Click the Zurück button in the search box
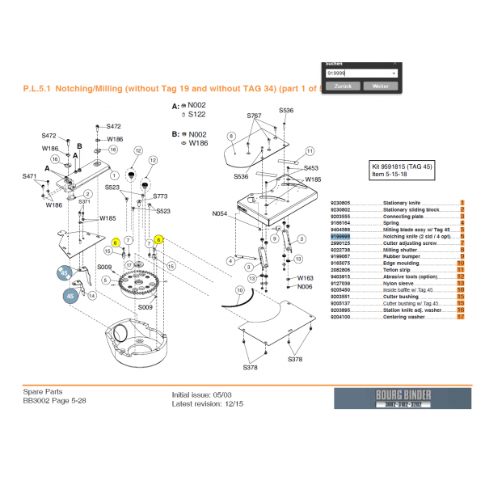pyautogui.click(x=342, y=86)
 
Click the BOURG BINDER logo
pyautogui.click(x=401, y=399)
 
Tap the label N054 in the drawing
pyautogui.click(x=220, y=213)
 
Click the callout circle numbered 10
pyautogui.click(x=238, y=289)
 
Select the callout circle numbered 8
pyautogui.click(x=230, y=136)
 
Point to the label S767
pyautogui.click(x=254, y=116)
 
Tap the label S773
pyautogui.click(x=160, y=196)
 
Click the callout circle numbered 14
pyautogui.click(x=91, y=296)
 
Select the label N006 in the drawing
pyautogui.click(x=305, y=287)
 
